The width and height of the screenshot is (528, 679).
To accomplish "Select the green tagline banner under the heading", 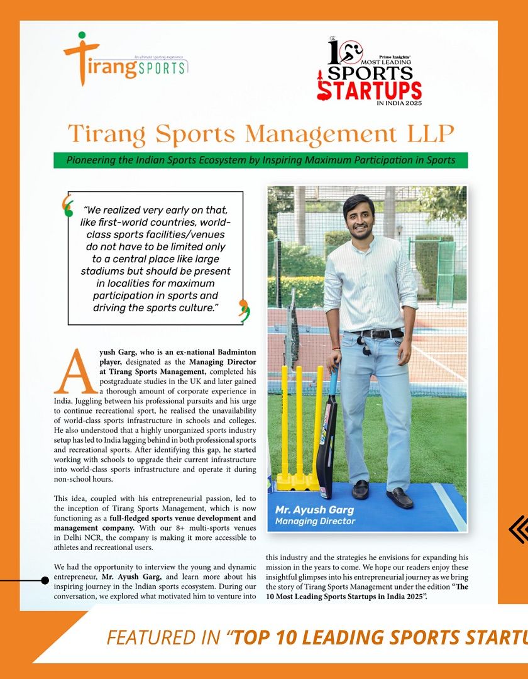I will (260, 160).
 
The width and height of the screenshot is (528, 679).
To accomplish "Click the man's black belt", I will (380, 333).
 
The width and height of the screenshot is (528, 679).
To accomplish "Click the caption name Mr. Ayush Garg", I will (314, 509).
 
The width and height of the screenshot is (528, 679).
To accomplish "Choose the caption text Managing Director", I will (315, 521).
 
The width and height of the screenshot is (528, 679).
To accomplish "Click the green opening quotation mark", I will (67, 206).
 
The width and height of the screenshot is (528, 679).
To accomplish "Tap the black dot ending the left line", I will (45, 580).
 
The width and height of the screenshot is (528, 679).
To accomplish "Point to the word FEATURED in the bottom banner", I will (147, 638).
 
